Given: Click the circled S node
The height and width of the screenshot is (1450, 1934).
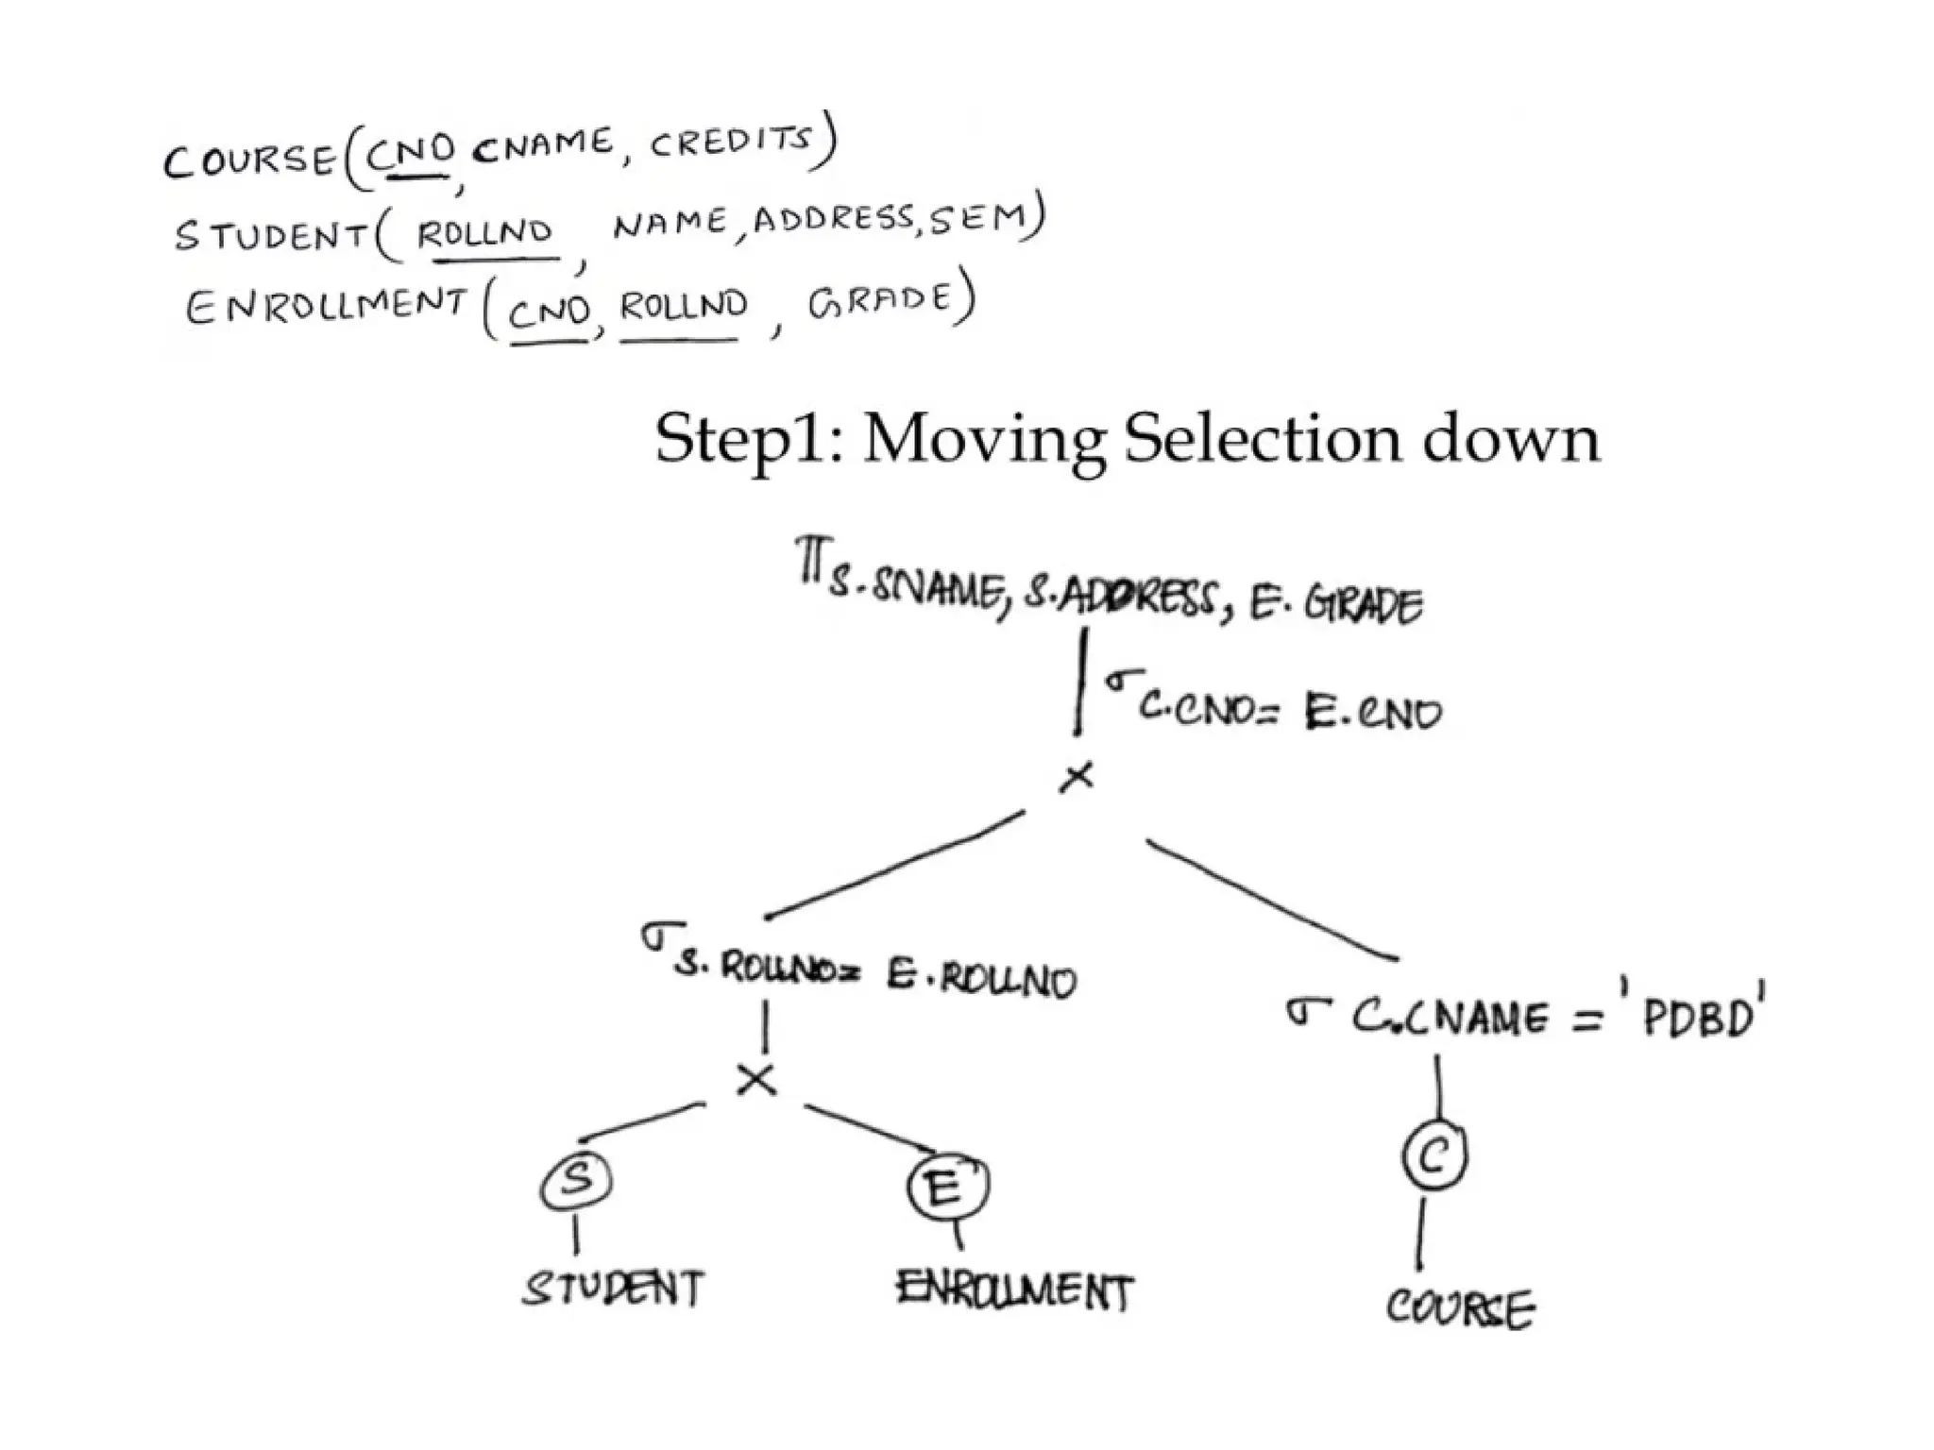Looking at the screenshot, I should [576, 1181].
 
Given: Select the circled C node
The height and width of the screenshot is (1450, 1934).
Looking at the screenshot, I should [1434, 1155].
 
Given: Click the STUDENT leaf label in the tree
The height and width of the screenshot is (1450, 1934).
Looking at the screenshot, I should [613, 1288].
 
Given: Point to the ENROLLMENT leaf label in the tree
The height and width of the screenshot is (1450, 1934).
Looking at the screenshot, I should [1014, 1290].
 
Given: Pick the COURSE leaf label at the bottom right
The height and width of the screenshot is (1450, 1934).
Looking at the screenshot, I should [1460, 1309].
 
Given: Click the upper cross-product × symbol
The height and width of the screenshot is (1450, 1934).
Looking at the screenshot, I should [1077, 777].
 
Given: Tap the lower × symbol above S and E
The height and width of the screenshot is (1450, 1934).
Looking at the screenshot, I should [756, 1079].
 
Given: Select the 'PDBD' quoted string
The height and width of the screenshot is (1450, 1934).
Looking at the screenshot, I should [1698, 1017].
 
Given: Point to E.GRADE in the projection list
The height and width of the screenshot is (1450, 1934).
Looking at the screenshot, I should [1335, 604].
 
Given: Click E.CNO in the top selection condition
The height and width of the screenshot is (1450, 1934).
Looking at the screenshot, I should [1373, 713].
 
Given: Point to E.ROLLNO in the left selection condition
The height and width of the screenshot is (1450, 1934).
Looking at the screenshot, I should [981, 980].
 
